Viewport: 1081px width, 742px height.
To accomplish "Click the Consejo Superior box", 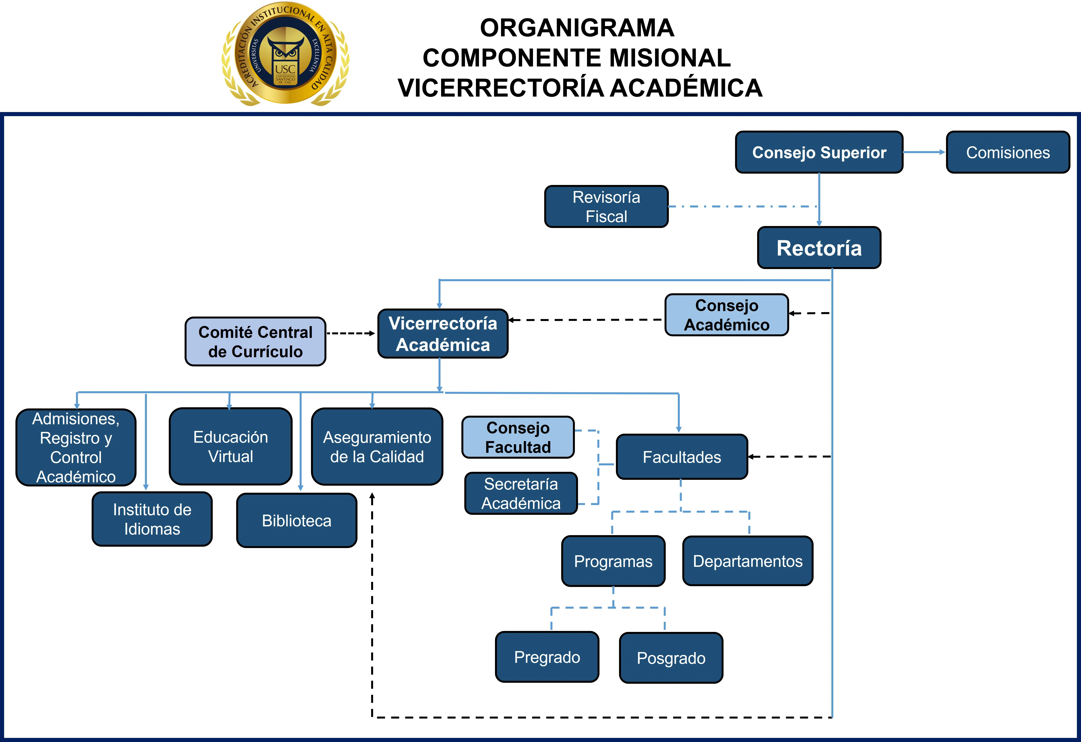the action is (x=819, y=152).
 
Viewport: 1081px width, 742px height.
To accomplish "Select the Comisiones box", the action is (x=1008, y=152).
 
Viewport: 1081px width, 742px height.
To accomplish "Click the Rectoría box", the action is (x=819, y=248).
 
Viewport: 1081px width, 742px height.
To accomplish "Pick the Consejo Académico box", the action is (x=726, y=315).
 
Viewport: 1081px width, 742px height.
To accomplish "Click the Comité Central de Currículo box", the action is (x=255, y=342).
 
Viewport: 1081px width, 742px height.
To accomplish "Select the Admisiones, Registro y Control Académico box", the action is (x=76, y=447).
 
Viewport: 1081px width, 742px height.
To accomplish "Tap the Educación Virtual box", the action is (x=231, y=446).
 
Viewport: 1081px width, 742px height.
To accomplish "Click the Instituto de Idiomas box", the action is (x=152, y=519).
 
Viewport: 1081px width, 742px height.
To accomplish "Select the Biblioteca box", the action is (x=297, y=520).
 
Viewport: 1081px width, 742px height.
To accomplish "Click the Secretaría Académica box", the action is (x=521, y=493).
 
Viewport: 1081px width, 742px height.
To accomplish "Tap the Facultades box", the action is (x=682, y=457).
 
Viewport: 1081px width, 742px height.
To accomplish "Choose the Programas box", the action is (x=613, y=561).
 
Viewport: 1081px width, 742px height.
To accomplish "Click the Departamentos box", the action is (x=748, y=561).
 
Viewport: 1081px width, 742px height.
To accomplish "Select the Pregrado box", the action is (x=547, y=657).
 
